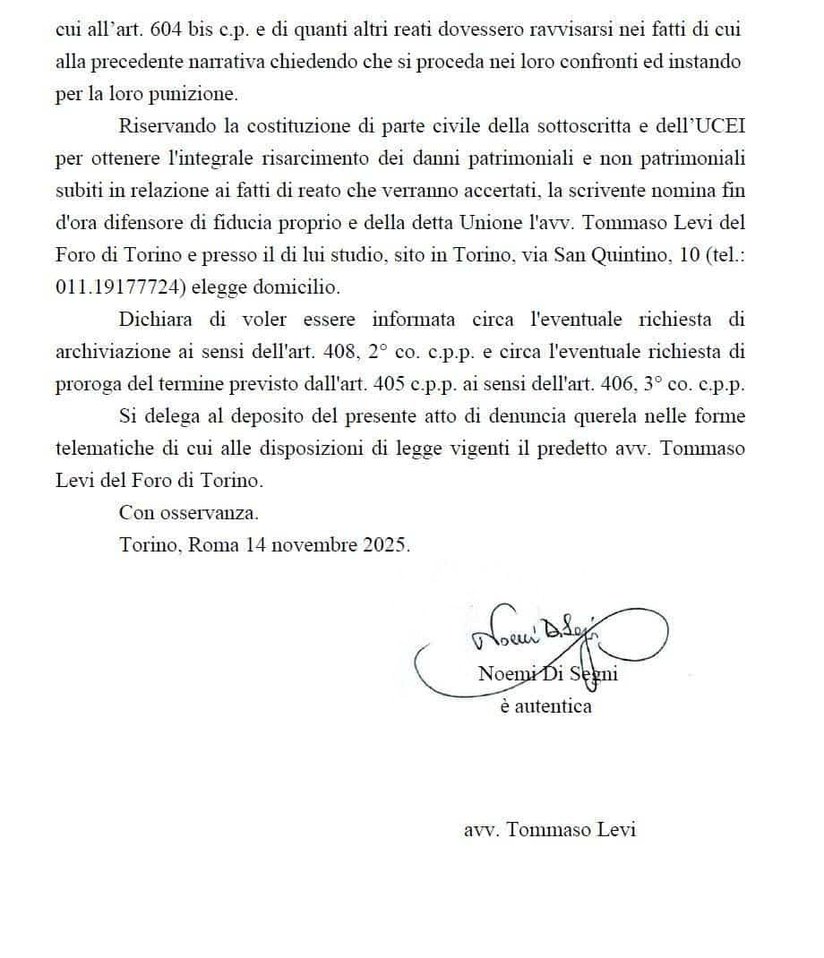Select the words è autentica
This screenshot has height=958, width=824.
click(546, 706)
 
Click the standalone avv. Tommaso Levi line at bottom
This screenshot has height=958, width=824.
click(550, 830)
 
